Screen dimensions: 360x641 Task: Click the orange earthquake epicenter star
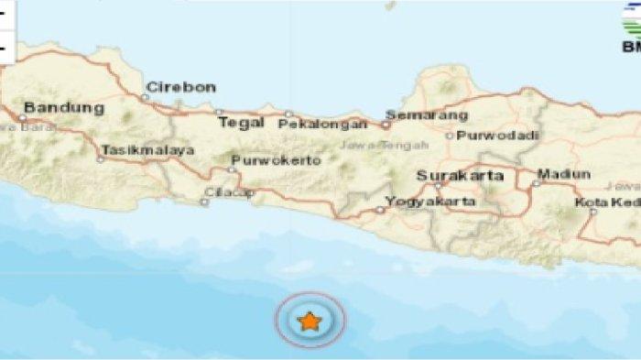pos(310,322)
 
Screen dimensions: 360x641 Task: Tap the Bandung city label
pos(63,107)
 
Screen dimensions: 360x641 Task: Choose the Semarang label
pos(427,115)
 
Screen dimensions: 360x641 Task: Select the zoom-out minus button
pos(6,45)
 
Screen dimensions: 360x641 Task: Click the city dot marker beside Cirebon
pos(146,95)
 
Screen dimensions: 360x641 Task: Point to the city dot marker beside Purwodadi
pos(449,136)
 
